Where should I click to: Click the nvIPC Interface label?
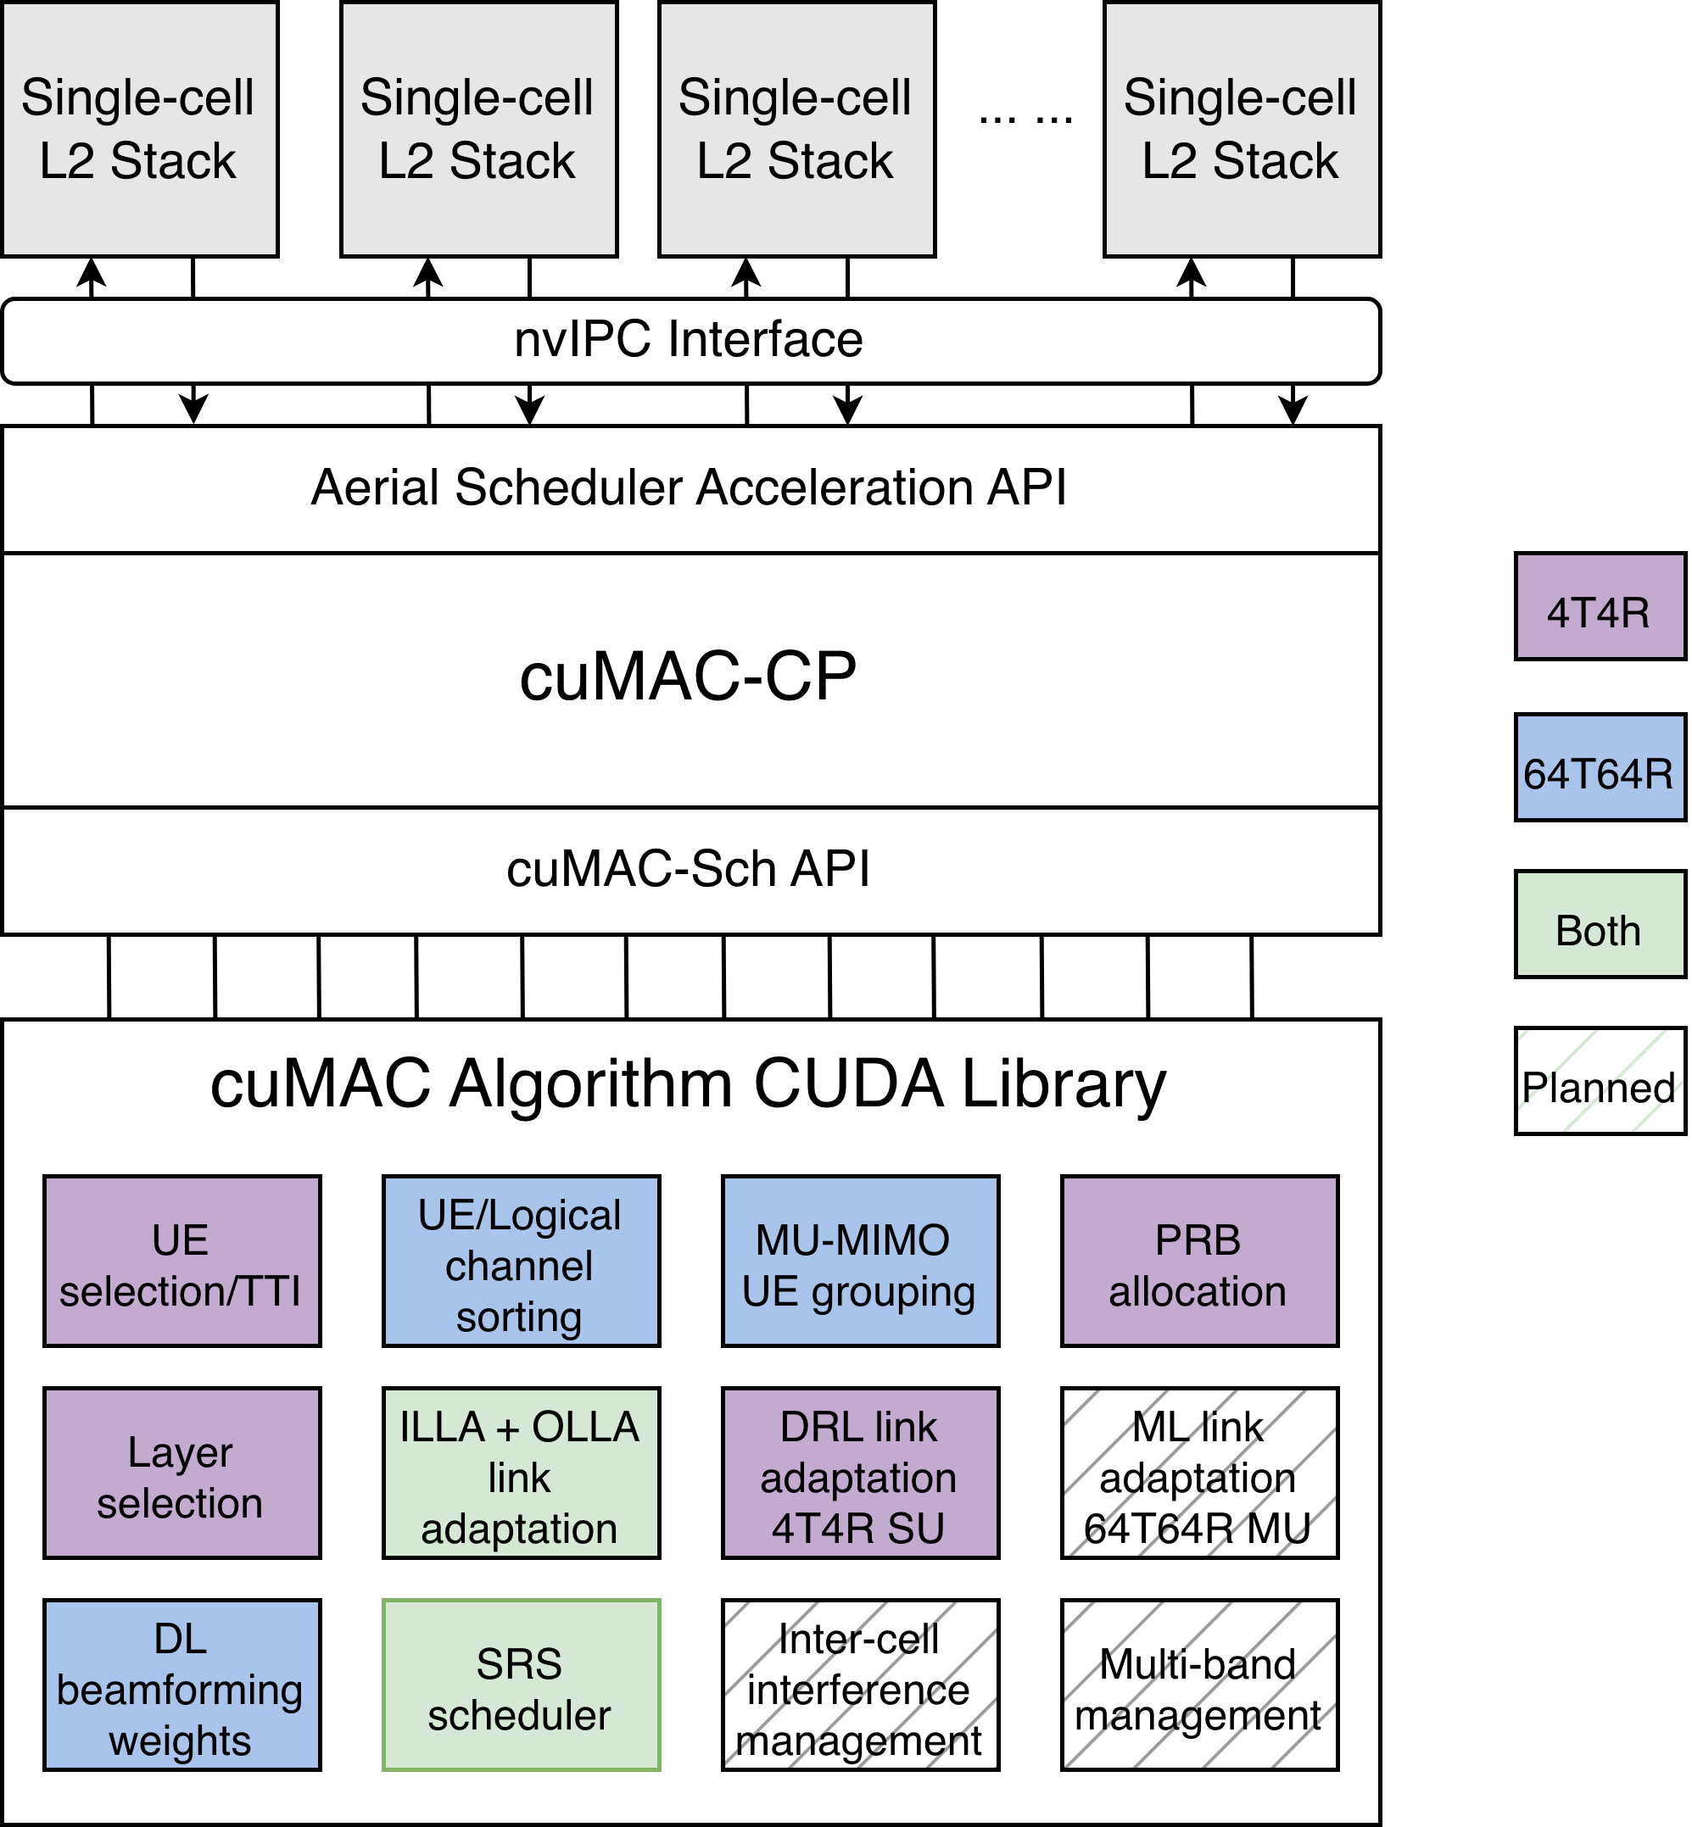point(689,340)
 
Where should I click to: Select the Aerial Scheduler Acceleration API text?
point(689,487)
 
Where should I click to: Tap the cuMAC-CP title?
point(689,677)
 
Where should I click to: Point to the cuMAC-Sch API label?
point(689,869)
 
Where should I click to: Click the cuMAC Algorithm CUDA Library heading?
point(689,1083)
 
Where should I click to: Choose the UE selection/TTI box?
point(181,1262)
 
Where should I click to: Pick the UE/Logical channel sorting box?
point(520,1262)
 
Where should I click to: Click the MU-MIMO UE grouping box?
point(860,1262)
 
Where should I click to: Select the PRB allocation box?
point(1198,1262)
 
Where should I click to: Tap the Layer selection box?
point(181,1473)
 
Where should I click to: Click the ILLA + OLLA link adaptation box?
point(520,1473)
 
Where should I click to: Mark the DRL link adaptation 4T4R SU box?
point(860,1473)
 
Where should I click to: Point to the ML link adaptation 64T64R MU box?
point(1198,1473)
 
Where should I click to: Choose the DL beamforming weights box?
point(181,1685)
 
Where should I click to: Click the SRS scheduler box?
point(520,1685)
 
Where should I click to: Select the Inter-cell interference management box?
point(860,1685)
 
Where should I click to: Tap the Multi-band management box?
point(1198,1685)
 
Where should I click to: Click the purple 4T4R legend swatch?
point(1599,606)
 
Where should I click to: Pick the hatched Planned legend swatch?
point(1599,1081)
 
